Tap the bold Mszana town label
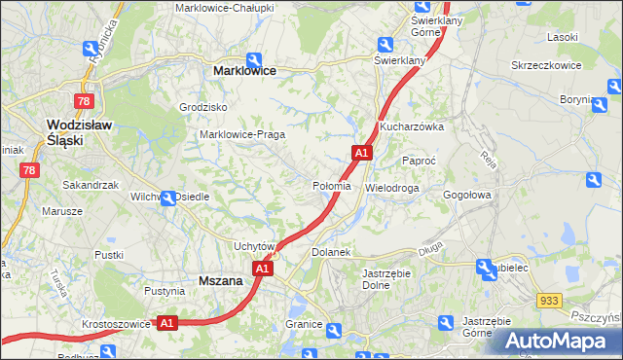(x=220, y=280)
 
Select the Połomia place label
(x=332, y=186)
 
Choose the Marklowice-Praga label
(x=241, y=134)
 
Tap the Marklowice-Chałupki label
(x=225, y=8)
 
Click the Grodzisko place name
(x=203, y=107)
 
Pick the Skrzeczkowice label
(x=546, y=65)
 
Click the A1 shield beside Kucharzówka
(x=361, y=153)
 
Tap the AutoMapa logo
(x=557, y=341)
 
